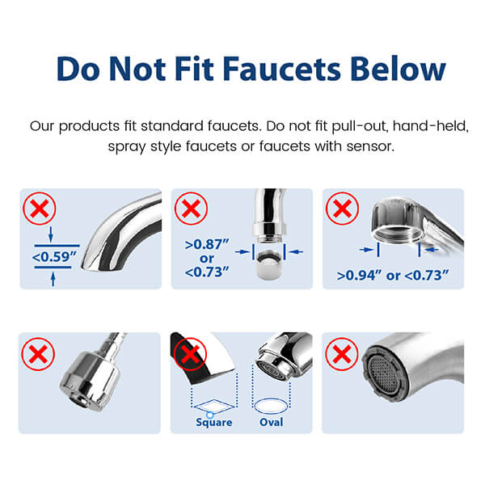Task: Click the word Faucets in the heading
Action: [x=282, y=69]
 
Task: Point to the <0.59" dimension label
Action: [x=54, y=257]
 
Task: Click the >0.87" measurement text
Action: [x=207, y=244]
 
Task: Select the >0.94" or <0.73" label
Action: [x=393, y=276]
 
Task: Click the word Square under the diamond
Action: [x=213, y=422]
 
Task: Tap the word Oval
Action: [x=272, y=422]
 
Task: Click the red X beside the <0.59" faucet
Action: [x=40, y=209]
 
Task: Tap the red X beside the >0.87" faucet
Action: [x=191, y=209]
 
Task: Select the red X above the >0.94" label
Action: [x=342, y=209]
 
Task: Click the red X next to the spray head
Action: [x=38, y=354]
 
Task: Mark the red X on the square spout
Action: [x=190, y=354]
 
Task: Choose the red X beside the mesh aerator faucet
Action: [x=342, y=354]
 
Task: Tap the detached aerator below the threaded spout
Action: [x=269, y=264]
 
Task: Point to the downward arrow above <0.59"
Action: [x=51, y=234]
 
